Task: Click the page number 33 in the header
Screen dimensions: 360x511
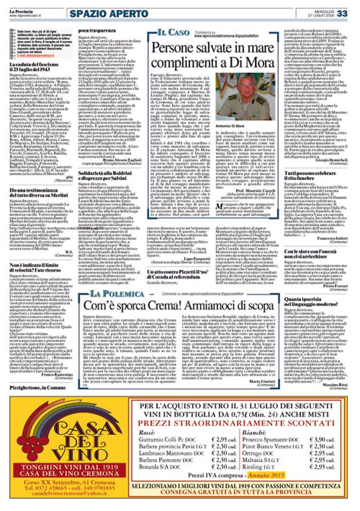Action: pyautogui.click(x=342, y=13)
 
